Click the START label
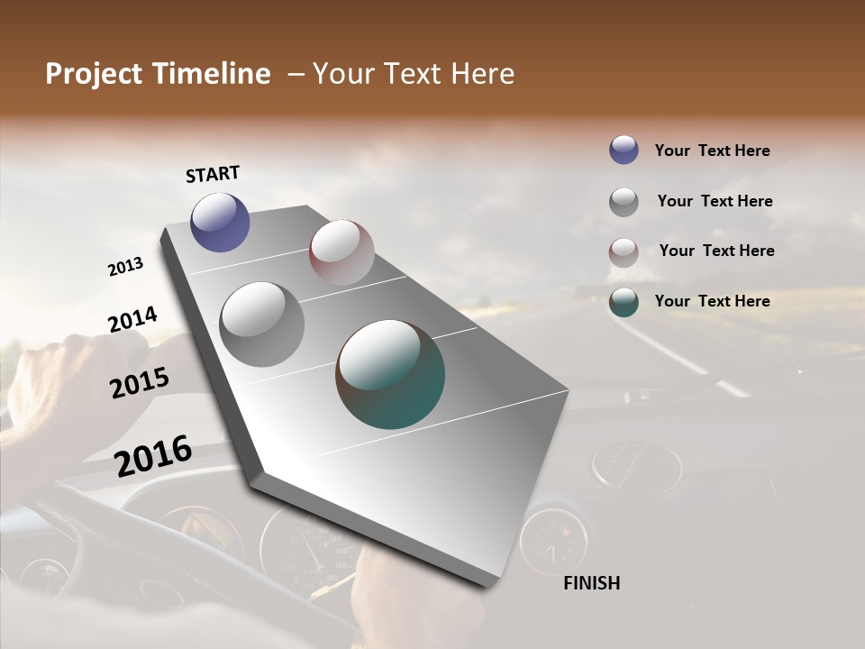213,174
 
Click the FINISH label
591,583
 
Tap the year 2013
125,267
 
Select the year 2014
132,319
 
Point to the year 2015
140,383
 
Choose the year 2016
153,455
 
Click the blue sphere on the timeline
220,222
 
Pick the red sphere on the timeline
341,252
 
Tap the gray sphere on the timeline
261,324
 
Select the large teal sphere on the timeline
390,374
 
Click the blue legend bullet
624,151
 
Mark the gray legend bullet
624,202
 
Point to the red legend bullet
624,252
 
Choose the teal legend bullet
624,302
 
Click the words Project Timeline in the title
158,74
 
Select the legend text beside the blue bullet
712,151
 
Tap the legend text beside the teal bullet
712,301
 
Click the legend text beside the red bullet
716,251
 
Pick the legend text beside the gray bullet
715,201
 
